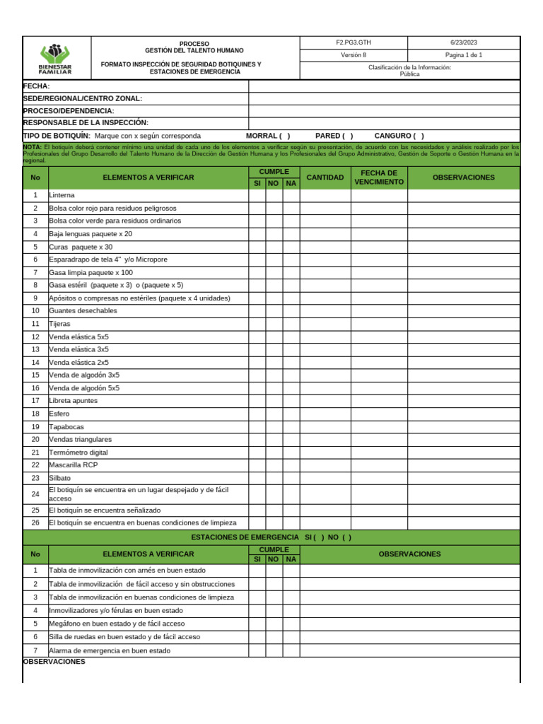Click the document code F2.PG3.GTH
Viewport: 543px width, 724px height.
[x=354, y=42]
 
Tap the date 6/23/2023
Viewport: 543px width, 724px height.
[x=464, y=42]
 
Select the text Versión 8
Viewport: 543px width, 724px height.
[x=354, y=55]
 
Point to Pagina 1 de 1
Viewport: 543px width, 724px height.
[x=464, y=55]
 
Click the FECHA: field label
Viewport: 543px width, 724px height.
[x=37, y=86]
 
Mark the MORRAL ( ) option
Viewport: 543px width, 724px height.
[x=268, y=136]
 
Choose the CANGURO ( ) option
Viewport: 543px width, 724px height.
[x=399, y=136]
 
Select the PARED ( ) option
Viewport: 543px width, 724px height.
[x=334, y=136]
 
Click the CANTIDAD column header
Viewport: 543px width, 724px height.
[x=325, y=177]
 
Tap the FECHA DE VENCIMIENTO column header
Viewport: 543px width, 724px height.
[x=379, y=177]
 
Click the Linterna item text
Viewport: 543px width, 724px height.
[x=62, y=194]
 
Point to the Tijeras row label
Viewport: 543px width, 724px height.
[x=59, y=323]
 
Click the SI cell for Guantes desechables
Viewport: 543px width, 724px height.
[x=257, y=310]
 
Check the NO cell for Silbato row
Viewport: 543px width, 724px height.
[x=274, y=478]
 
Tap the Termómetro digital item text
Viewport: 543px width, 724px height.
[x=78, y=452]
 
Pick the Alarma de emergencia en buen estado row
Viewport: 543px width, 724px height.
[x=110, y=650]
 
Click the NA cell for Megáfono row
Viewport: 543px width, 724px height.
[x=291, y=624]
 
